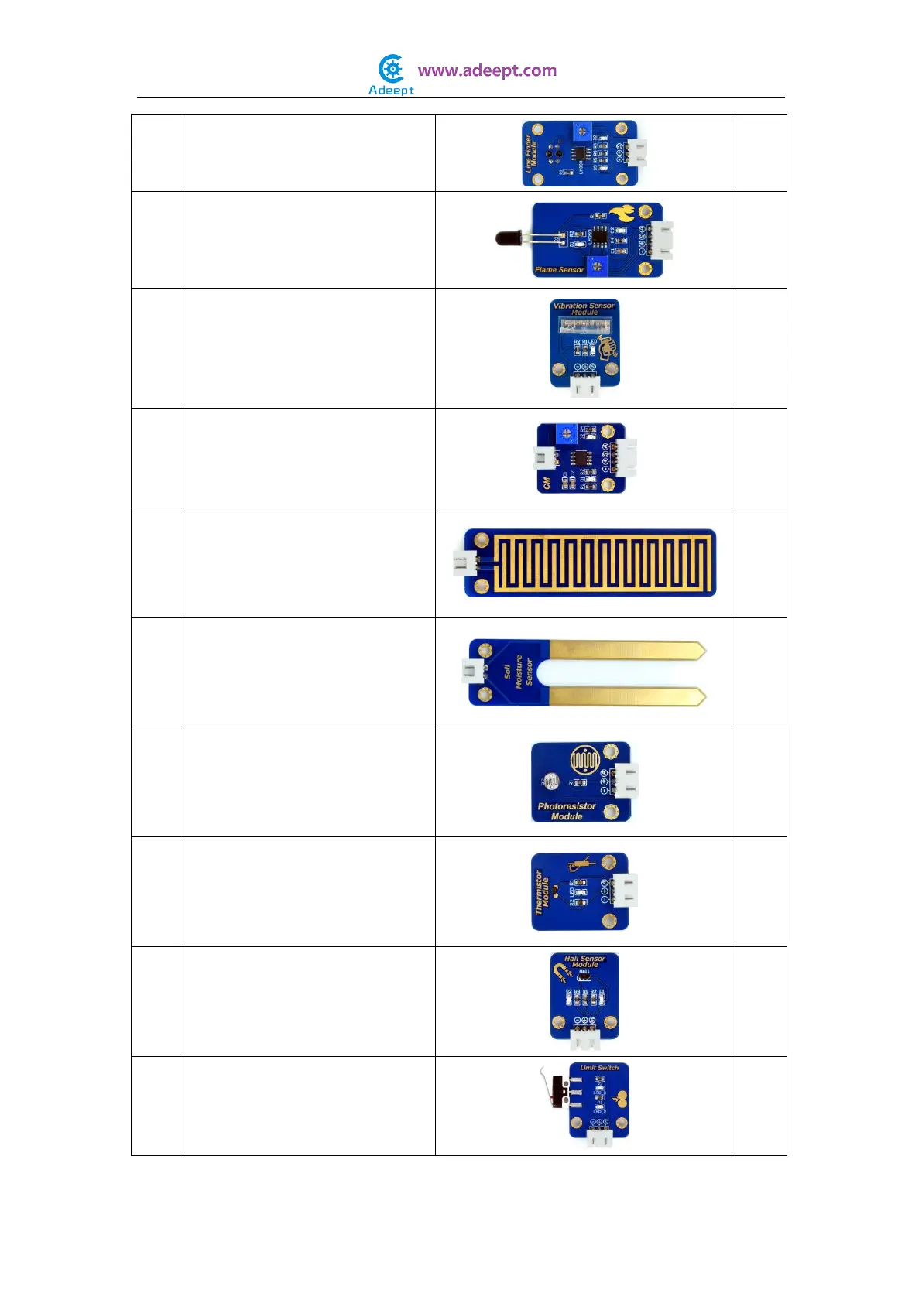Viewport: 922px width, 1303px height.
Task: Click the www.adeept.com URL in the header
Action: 487,70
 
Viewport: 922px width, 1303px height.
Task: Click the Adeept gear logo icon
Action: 392,69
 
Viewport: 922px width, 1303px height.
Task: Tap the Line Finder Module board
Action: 580,153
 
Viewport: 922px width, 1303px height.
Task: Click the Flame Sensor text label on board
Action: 559,270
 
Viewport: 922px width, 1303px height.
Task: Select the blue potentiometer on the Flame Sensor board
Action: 597,266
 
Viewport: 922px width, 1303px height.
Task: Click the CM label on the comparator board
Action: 547,483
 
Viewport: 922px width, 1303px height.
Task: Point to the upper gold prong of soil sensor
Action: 627,650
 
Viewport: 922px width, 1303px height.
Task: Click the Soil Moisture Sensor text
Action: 519,672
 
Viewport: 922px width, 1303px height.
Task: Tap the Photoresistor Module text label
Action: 567,811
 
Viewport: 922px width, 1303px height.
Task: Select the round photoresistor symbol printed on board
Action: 585,760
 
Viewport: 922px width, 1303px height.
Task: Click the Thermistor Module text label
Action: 543,891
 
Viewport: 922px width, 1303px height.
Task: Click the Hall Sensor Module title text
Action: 584,961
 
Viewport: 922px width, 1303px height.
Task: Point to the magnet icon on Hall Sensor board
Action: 561,971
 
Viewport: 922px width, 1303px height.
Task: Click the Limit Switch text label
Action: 599,1068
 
